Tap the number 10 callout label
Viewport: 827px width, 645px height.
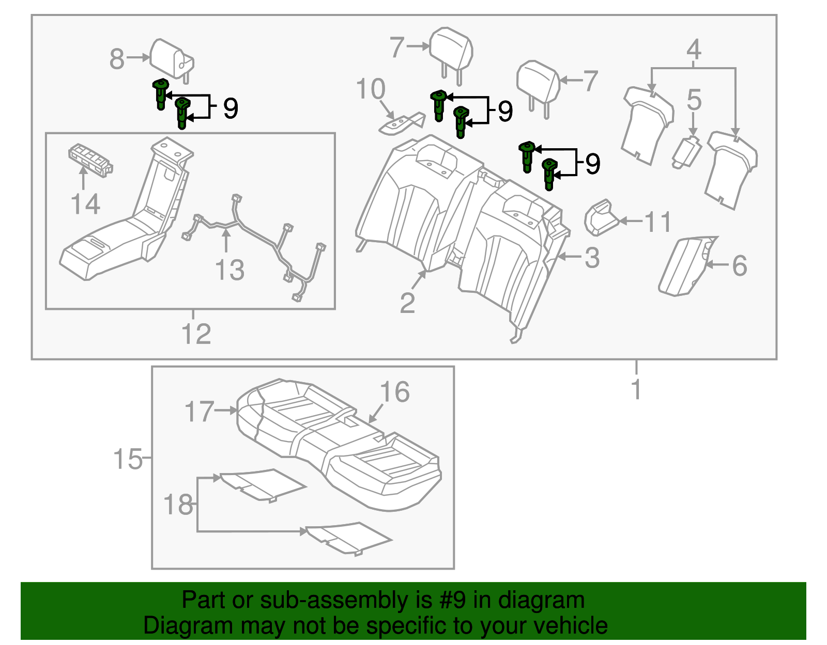(x=371, y=89)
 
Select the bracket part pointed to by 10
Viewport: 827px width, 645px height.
(x=401, y=124)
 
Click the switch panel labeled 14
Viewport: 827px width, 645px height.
(x=90, y=160)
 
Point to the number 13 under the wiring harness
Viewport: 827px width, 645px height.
(x=229, y=270)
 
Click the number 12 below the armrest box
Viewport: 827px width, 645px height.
(x=196, y=334)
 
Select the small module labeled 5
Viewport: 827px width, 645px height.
(x=686, y=152)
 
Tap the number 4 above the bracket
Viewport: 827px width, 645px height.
(x=694, y=50)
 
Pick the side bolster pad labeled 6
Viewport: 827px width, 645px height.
(x=685, y=266)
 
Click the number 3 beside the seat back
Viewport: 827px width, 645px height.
(x=592, y=257)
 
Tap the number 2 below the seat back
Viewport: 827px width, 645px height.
(x=407, y=303)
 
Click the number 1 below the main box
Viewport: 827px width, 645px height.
(x=636, y=389)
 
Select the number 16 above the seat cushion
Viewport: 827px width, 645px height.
(x=395, y=392)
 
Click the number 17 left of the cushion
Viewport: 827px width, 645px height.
(x=199, y=412)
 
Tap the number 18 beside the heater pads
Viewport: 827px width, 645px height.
(x=178, y=505)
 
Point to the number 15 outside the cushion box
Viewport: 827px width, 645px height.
(x=128, y=458)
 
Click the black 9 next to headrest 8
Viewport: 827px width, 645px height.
(x=231, y=108)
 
